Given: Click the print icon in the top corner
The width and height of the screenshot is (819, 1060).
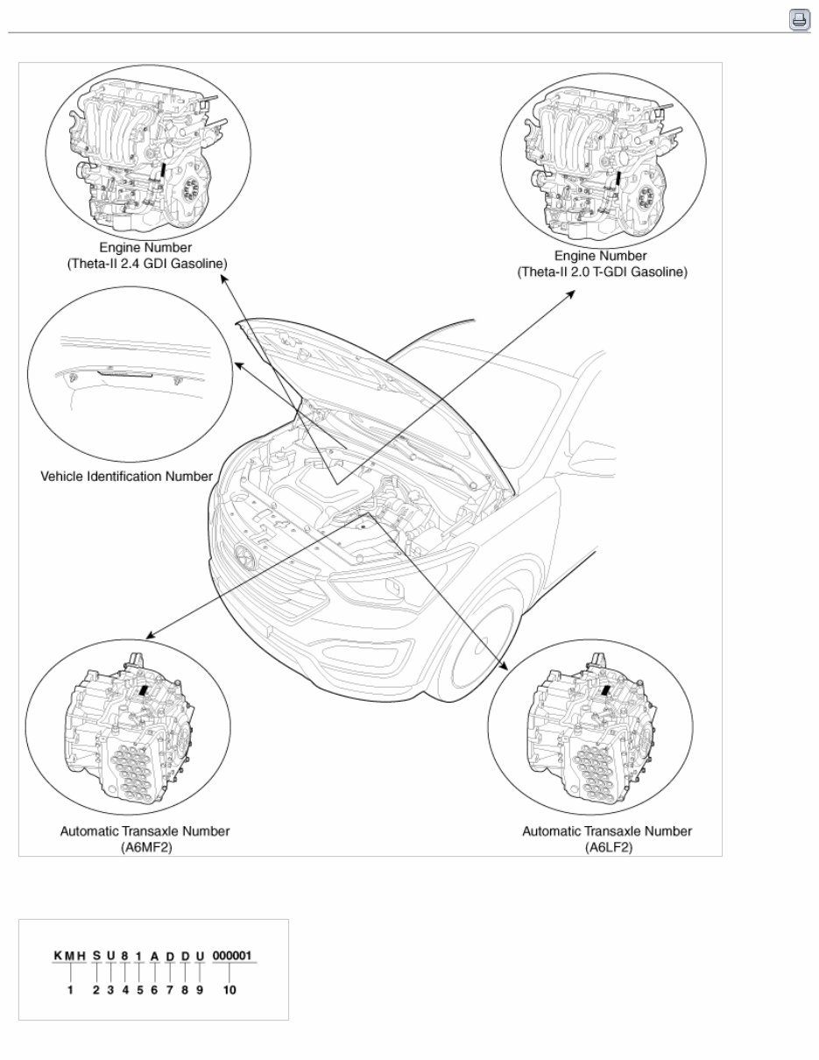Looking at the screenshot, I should coord(799,20).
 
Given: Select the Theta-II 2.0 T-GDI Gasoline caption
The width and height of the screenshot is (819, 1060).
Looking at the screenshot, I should coord(601,272).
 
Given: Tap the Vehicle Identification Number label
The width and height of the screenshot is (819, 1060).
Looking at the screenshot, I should coord(127,477).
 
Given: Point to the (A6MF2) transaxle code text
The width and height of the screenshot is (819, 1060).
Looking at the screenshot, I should coord(145,847).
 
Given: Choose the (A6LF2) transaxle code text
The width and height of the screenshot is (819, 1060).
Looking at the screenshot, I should coord(607,847).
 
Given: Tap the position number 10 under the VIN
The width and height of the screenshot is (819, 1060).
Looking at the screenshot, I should coord(229,991).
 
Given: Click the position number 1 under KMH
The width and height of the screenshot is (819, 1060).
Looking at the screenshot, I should coord(68,991).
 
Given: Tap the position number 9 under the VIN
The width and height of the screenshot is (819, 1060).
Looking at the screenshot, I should coord(199,991).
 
